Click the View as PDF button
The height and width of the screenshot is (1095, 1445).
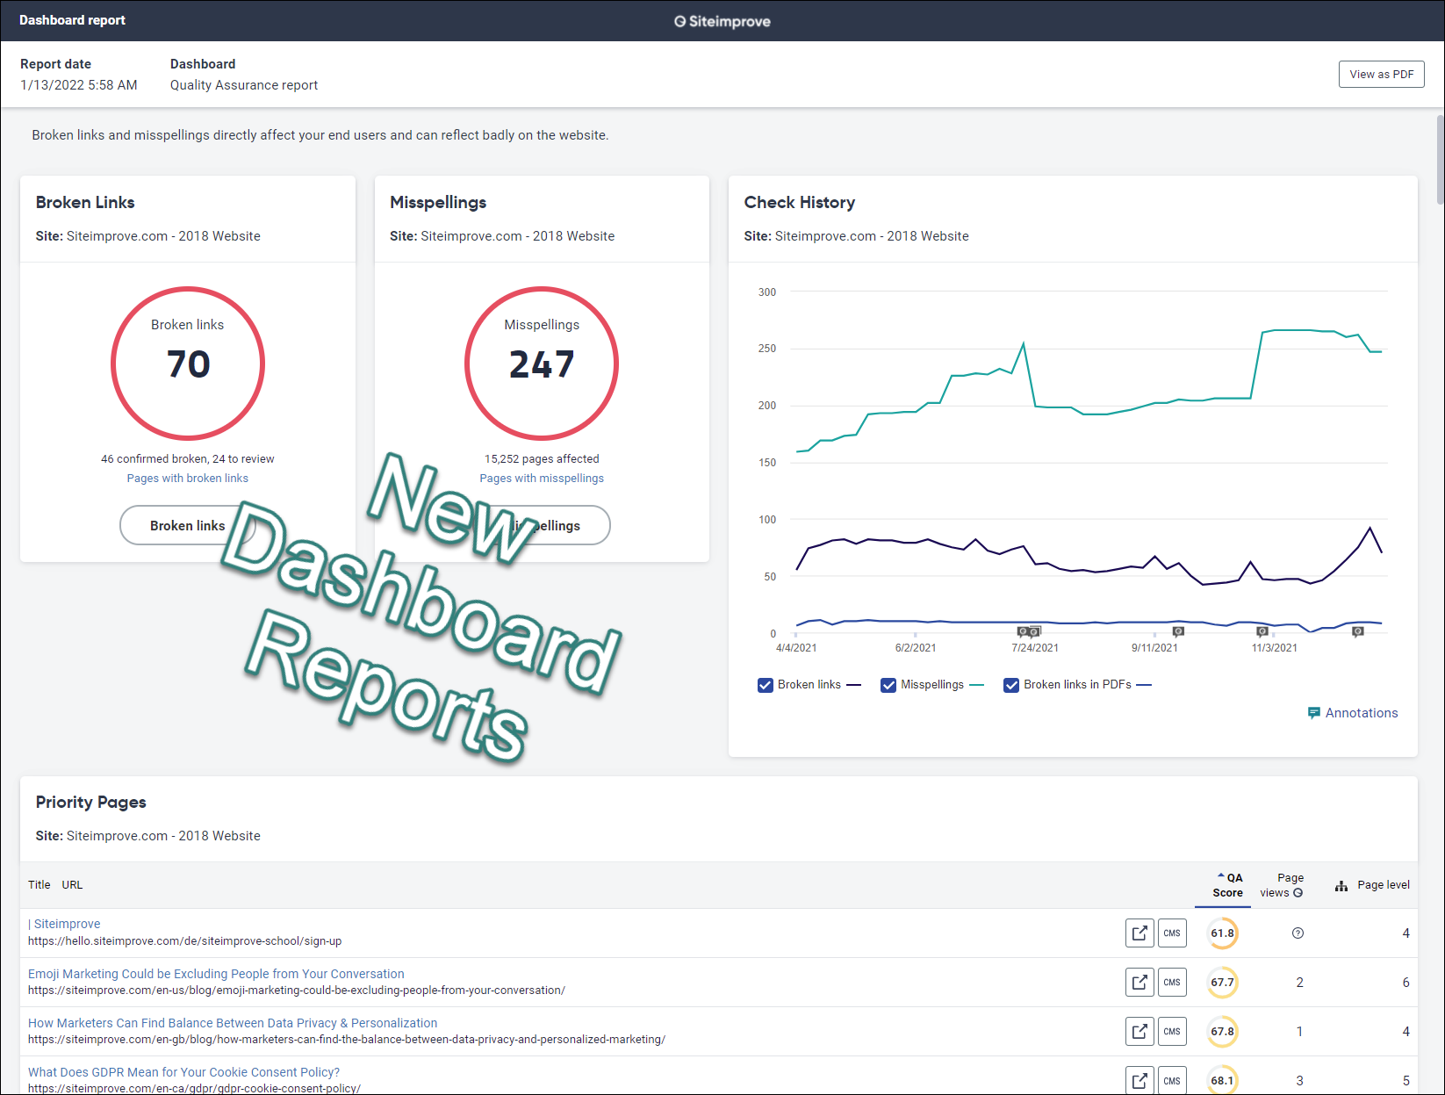pyautogui.click(x=1381, y=75)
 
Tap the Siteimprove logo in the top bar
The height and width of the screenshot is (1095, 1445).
pyautogui.click(x=722, y=22)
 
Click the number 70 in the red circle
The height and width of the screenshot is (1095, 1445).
pyautogui.click(x=188, y=364)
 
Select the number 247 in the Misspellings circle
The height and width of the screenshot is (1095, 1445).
pyautogui.click(x=542, y=364)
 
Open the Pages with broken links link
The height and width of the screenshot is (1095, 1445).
pyautogui.click(x=188, y=478)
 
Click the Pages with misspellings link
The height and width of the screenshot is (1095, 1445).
pyautogui.click(x=542, y=478)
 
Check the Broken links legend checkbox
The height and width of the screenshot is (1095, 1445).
pyautogui.click(x=765, y=686)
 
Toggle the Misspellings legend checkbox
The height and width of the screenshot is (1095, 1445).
pyautogui.click(x=888, y=686)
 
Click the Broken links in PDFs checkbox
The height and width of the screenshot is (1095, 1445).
pyautogui.click(x=1011, y=686)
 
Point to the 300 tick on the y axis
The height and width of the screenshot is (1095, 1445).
pyautogui.click(x=767, y=292)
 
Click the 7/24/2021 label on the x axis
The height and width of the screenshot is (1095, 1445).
pyautogui.click(x=1035, y=648)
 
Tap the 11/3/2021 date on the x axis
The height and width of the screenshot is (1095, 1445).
pyautogui.click(x=1274, y=648)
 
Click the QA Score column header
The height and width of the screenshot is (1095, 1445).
pyautogui.click(x=1228, y=886)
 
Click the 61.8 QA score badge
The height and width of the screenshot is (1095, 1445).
pyautogui.click(x=1223, y=933)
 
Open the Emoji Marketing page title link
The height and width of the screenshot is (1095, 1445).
pyautogui.click(x=216, y=974)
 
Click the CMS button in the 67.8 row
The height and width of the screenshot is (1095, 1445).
pyautogui.click(x=1172, y=1032)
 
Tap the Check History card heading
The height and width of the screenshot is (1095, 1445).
pyautogui.click(x=799, y=203)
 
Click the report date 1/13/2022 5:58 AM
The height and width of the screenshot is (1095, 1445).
pyautogui.click(x=79, y=85)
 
